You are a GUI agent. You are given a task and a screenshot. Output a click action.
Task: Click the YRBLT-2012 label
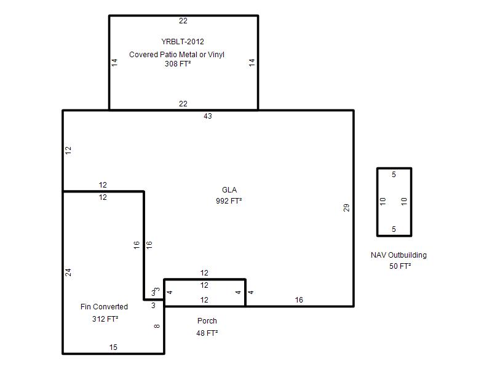(183, 41)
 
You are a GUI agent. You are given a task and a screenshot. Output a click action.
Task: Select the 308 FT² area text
(178, 64)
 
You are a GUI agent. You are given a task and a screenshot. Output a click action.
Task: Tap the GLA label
(229, 190)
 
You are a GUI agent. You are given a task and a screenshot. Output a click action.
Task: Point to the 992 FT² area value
(229, 201)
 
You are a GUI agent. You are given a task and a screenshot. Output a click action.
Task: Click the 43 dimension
(208, 116)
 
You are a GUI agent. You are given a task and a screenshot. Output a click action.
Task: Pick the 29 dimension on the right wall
(346, 208)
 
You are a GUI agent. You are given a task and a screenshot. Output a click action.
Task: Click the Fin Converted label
(104, 306)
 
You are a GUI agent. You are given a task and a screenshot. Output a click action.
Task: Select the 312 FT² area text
(105, 319)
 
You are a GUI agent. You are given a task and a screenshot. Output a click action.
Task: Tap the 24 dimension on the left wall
(68, 272)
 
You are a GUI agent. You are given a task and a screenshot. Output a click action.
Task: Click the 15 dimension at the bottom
(113, 347)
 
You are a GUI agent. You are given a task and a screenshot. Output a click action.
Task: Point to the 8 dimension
(157, 326)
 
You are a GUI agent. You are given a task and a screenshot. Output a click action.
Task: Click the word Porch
(207, 320)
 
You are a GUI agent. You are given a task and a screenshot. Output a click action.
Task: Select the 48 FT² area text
(207, 333)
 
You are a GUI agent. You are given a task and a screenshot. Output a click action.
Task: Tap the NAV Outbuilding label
(399, 255)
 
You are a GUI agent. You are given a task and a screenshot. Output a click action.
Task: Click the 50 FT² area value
(400, 266)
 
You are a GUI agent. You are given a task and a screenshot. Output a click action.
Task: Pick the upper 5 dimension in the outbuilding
(394, 175)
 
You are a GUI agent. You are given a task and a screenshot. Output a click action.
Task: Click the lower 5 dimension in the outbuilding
(394, 229)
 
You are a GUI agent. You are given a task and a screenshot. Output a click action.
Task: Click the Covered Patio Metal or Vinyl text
(177, 54)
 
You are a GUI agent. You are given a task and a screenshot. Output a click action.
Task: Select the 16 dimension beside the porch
(299, 300)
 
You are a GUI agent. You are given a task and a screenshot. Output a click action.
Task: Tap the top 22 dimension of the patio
(183, 21)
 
